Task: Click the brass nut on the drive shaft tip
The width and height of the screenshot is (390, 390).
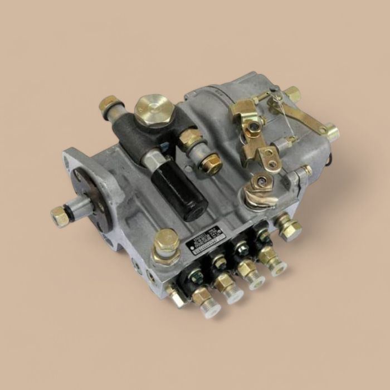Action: (x=59, y=216)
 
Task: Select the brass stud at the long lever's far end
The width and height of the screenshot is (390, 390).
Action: (x=331, y=133)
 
